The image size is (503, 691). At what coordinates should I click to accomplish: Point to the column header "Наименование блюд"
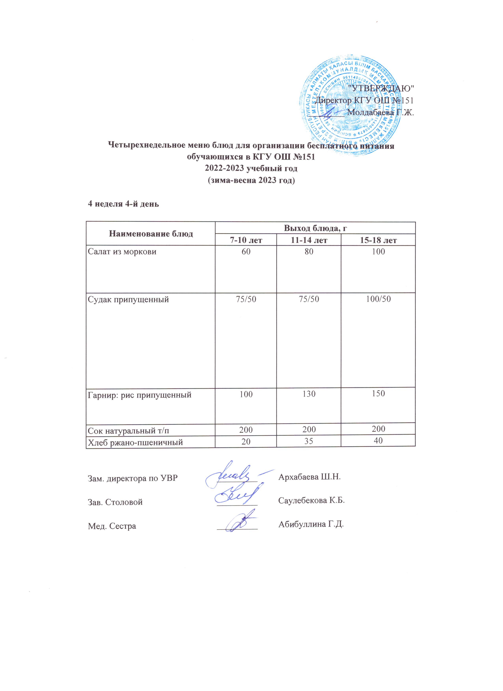tap(151, 234)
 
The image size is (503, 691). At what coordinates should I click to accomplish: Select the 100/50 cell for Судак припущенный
tap(378, 299)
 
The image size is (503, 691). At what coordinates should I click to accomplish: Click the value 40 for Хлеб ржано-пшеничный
tap(378, 441)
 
